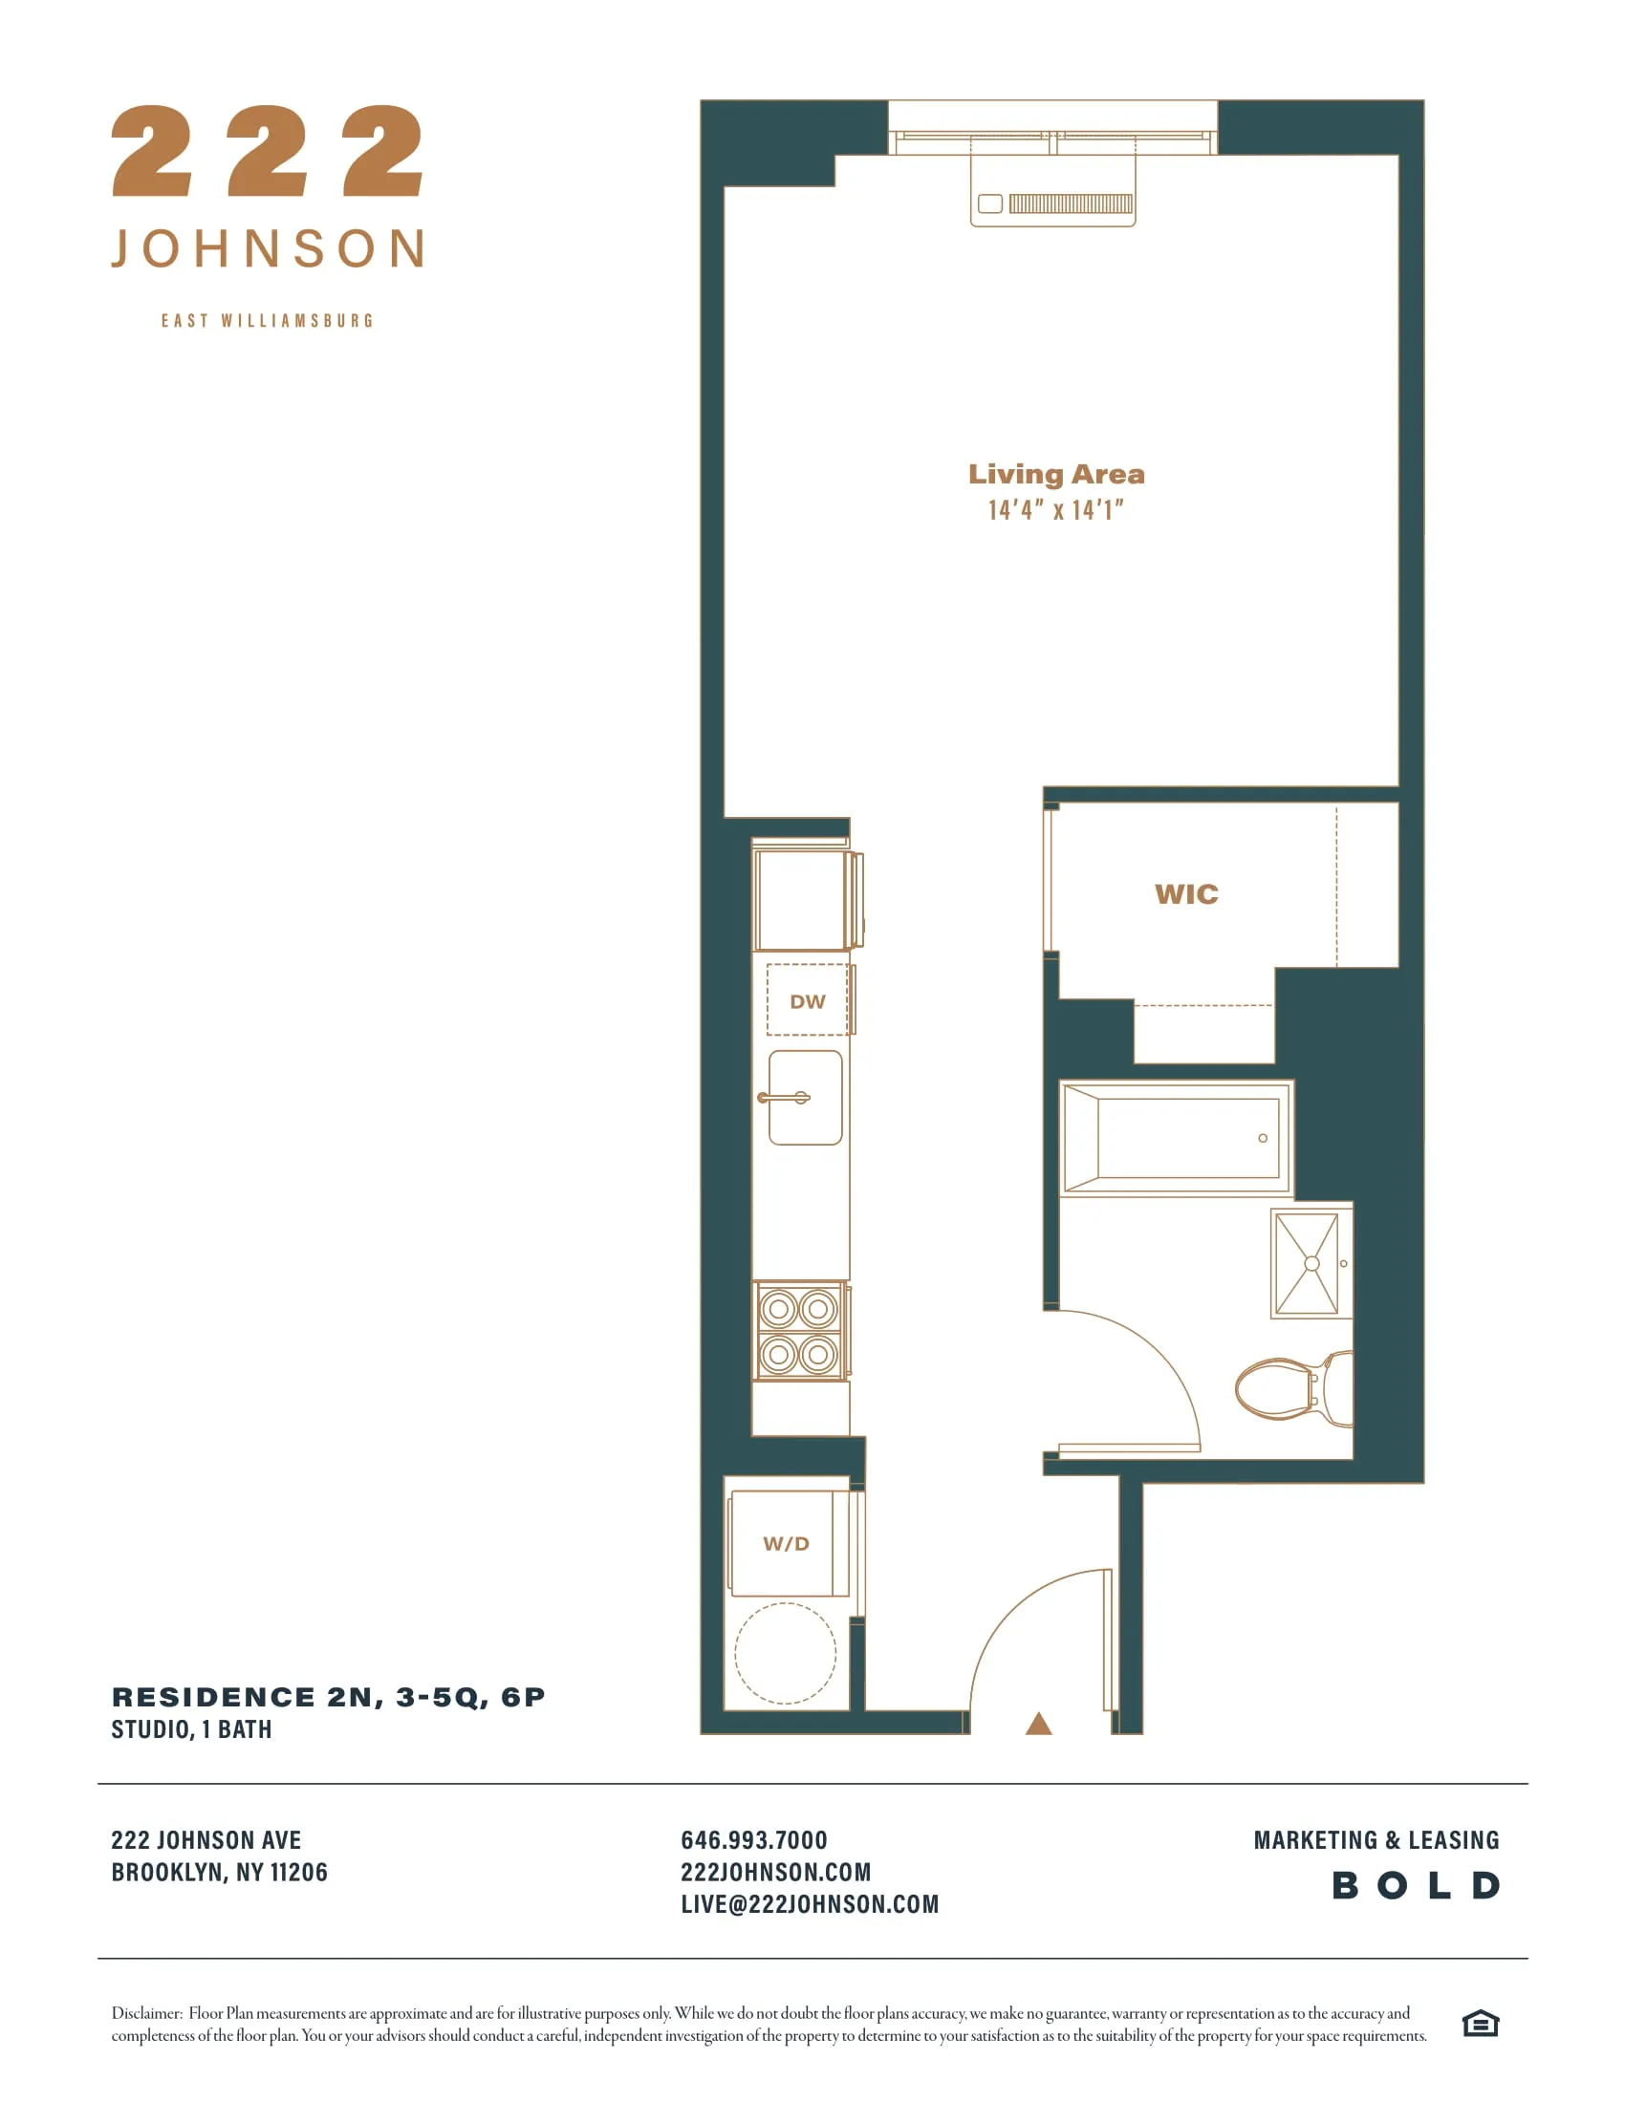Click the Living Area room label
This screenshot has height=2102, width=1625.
pyautogui.click(x=1056, y=475)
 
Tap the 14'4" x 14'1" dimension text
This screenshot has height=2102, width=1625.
pyautogui.click(x=1056, y=510)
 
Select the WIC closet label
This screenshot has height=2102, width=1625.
pyautogui.click(x=1186, y=894)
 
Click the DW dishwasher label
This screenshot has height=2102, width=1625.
pyautogui.click(x=807, y=1002)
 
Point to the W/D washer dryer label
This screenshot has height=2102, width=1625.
pyautogui.click(x=786, y=1544)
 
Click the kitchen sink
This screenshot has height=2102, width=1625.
pyautogui.click(x=806, y=1098)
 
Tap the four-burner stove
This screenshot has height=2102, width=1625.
pyautogui.click(x=799, y=1331)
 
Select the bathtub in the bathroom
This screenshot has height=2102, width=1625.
pyautogui.click(x=1177, y=1138)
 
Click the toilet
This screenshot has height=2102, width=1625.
pyautogui.click(x=1293, y=1390)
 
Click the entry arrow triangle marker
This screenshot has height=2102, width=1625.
pyautogui.click(x=1038, y=1724)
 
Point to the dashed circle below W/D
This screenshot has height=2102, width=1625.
pyautogui.click(x=786, y=1654)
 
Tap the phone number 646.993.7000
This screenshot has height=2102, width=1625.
pyautogui.click(x=754, y=1840)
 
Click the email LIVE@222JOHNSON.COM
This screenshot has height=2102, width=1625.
pyautogui.click(x=809, y=1903)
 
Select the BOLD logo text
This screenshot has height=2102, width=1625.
pyautogui.click(x=1415, y=1885)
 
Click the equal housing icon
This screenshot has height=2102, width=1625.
pyautogui.click(x=1480, y=2024)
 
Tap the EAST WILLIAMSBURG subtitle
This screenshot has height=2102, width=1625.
pyautogui.click(x=267, y=320)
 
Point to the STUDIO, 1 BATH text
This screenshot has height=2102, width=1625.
pyautogui.click(x=191, y=1729)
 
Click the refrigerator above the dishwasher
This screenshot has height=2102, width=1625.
pyautogui.click(x=801, y=900)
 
